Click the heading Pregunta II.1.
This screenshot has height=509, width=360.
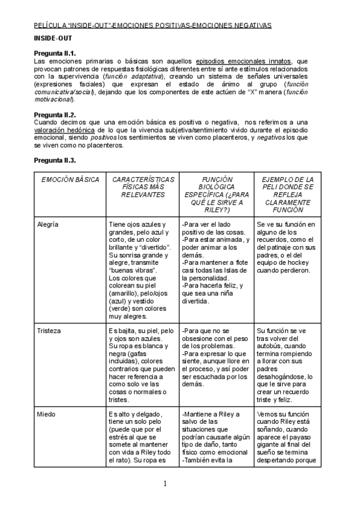[55, 53]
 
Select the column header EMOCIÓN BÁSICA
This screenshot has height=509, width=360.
[67, 179]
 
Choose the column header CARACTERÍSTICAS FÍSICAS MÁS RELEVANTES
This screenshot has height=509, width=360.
[142, 187]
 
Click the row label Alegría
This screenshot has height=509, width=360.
[49, 224]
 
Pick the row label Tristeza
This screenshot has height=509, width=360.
[49, 330]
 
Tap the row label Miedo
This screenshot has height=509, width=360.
[47, 414]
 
